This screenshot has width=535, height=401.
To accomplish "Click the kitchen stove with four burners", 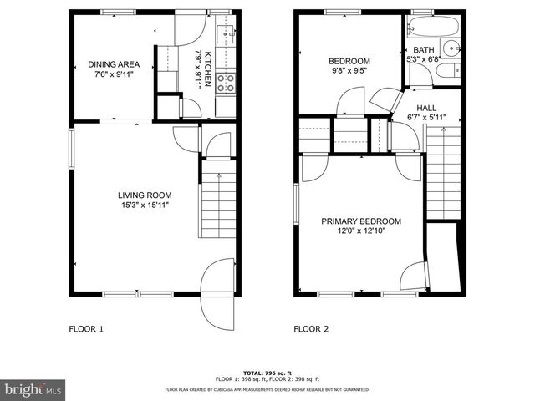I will (x=225, y=82).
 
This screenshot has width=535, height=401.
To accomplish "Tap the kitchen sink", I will (x=224, y=34).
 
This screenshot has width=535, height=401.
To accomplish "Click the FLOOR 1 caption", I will (x=86, y=329).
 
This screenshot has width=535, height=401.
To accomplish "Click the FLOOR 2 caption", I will (x=311, y=329).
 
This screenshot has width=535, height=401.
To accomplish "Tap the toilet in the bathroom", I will (x=446, y=72).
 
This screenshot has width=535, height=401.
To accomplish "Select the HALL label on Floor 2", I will (x=426, y=108).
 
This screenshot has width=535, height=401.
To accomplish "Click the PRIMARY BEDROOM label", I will (x=361, y=221).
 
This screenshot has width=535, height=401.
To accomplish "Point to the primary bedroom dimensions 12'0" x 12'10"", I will (x=361, y=231).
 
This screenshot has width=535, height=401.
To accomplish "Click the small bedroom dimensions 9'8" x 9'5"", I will (x=349, y=72).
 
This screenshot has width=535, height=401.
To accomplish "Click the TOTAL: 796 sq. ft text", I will (x=267, y=373).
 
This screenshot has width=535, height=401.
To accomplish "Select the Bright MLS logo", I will (x=33, y=389).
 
